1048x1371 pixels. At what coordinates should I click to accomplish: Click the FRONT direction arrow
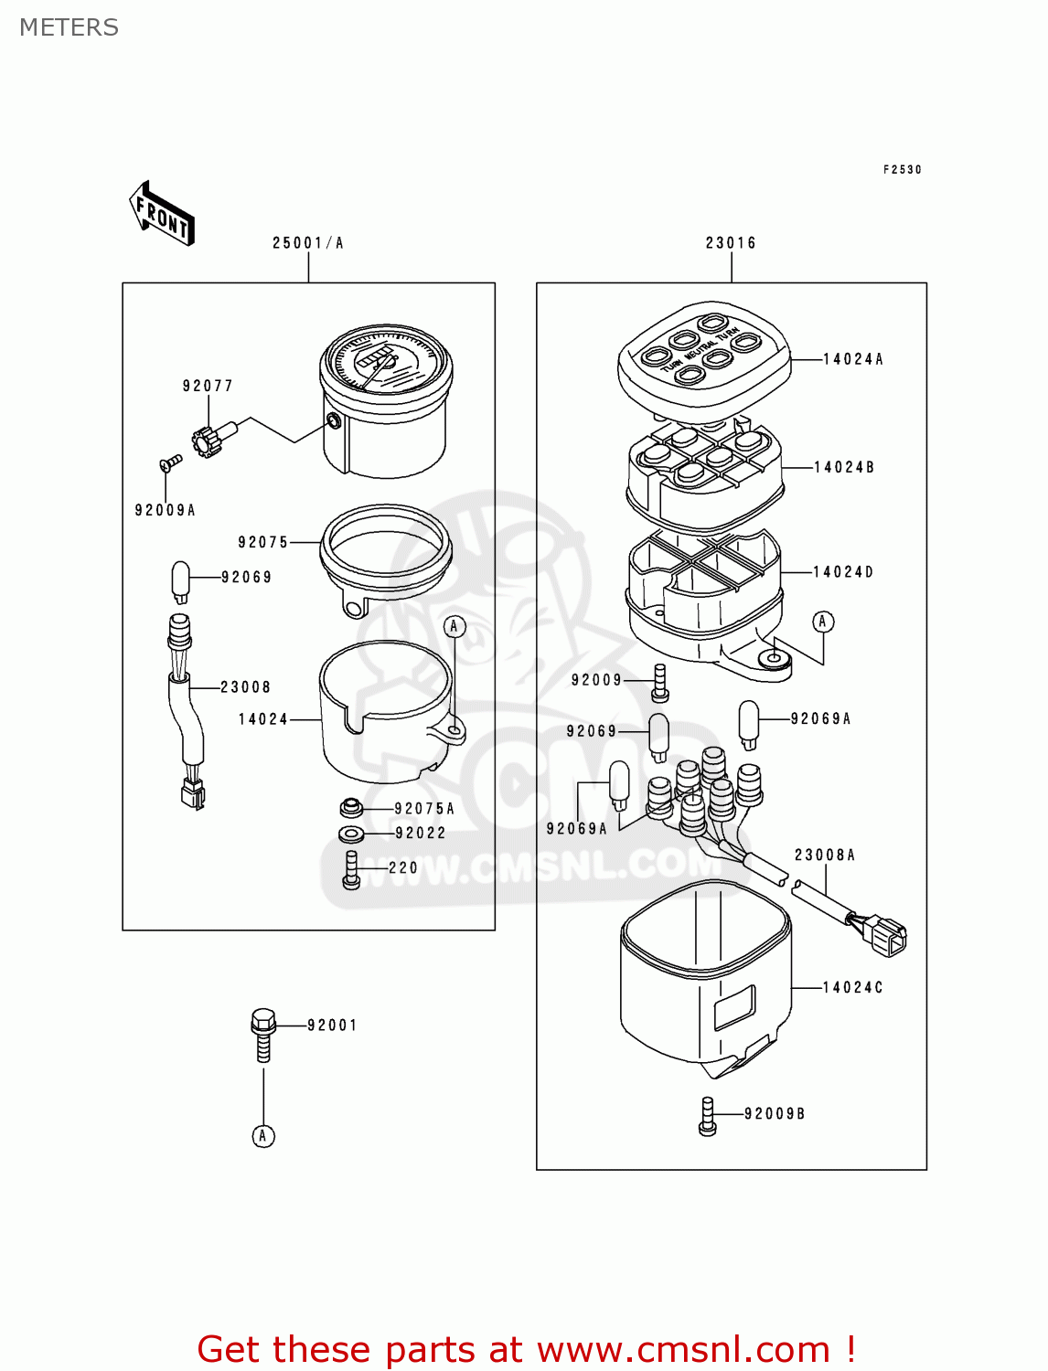coord(162,215)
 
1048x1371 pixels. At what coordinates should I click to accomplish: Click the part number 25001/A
coord(307,243)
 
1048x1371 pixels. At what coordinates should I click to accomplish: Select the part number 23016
coord(731,243)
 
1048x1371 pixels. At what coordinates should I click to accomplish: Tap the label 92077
coord(208,386)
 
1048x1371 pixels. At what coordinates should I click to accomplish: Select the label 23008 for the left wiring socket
coord(245,687)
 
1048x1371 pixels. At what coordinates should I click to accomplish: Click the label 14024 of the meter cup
coord(263,719)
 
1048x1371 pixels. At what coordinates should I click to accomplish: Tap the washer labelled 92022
coord(351,834)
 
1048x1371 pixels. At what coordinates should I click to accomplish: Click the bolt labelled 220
coord(351,868)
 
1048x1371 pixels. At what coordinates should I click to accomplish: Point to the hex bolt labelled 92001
coord(263,1033)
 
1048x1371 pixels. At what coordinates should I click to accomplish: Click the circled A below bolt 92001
coord(263,1136)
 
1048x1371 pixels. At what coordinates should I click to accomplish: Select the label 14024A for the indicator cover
coord(852,359)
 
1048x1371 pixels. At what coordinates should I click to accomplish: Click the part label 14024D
coord(843,572)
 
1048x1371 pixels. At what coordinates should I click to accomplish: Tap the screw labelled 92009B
coord(707,1116)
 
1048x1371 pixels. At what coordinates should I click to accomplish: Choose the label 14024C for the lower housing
coord(852,987)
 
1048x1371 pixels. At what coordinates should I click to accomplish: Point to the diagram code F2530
coord(902,169)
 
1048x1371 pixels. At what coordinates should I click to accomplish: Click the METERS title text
coord(69,27)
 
